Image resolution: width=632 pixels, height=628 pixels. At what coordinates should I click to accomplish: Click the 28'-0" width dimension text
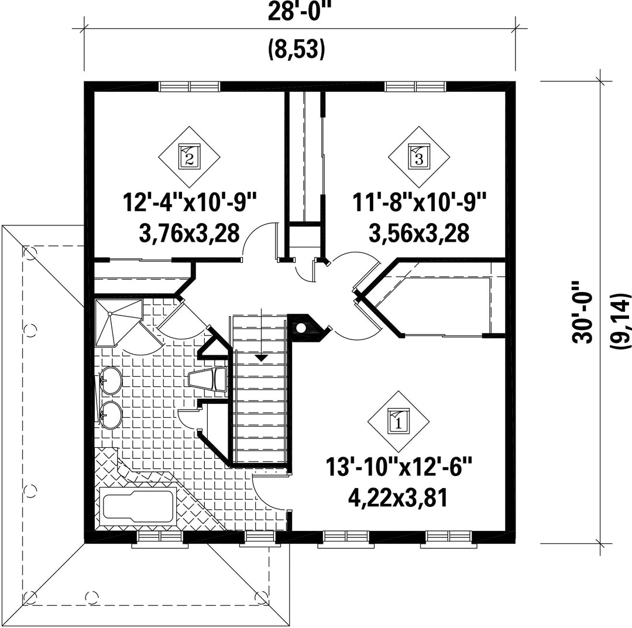297,12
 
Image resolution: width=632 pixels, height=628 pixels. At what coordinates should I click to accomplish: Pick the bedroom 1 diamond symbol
399,422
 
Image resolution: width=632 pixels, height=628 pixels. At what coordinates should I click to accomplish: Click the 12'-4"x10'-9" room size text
190,202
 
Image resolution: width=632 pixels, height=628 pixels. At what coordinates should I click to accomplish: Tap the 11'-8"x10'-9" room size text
419,202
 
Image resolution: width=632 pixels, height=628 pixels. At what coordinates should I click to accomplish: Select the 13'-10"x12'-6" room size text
399,468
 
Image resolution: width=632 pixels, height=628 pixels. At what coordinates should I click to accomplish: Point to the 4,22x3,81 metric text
399,498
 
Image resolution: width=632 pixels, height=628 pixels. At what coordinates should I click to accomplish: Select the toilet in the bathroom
208,379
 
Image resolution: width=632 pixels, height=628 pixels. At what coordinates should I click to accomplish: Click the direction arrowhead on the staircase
262,357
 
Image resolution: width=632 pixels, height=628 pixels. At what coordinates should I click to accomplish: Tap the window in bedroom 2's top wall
190,86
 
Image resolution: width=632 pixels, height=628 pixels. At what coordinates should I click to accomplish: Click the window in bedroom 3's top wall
415,86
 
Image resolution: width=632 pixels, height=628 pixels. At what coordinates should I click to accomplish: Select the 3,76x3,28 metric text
190,233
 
